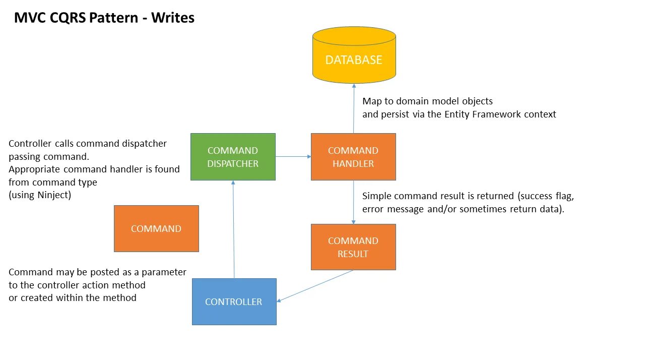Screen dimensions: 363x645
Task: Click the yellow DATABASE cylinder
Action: click(x=354, y=55)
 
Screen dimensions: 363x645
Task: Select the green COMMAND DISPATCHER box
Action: click(x=233, y=157)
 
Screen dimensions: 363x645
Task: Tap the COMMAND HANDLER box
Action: click(x=353, y=157)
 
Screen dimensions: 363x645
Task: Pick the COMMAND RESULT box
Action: click(x=353, y=247)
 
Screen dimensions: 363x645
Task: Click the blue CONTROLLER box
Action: click(x=234, y=301)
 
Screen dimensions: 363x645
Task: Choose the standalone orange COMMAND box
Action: click(x=156, y=228)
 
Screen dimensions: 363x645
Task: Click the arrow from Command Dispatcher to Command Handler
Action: click(x=293, y=157)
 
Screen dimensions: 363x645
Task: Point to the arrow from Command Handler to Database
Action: click(x=354, y=108)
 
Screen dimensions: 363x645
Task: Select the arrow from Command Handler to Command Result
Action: click(x=353, y=202)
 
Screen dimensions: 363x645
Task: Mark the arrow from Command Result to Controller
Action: click(x=315, y=286)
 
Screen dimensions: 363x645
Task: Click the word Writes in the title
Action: click(x=173, y=18)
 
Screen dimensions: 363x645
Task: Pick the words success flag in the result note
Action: click(x=543, y=196)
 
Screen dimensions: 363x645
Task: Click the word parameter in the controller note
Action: click(x=164, y=272)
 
